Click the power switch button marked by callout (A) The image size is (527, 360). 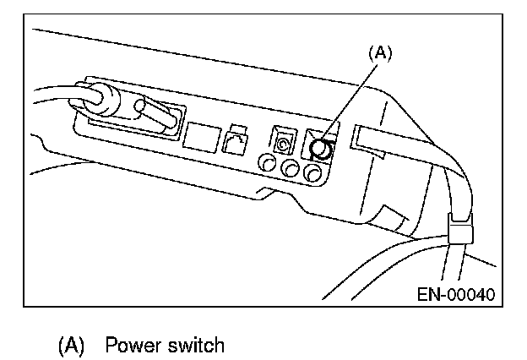tap(320, 150)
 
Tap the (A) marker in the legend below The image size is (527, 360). tap(72, 346)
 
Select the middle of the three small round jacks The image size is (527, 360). tap(292, 170)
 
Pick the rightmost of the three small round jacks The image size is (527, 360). tap(314, 174)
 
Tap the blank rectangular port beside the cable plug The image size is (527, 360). tap(201, 136)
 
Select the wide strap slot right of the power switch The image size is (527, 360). tap(372, 143)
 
